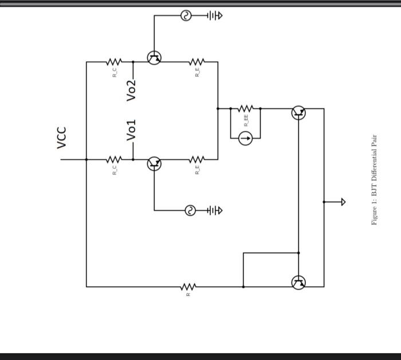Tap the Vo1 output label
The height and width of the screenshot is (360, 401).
point(132,130)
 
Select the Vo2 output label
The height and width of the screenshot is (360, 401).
point(132,90)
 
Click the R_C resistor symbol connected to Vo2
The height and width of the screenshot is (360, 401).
point(115,61)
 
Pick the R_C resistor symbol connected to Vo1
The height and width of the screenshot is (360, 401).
point(115,159)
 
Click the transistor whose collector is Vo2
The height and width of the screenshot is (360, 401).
point(154,57)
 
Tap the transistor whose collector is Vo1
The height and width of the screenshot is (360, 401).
point(154,164)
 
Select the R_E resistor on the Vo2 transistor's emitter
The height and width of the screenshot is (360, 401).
point(196,61)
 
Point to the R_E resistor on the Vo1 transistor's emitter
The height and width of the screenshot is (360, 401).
point(196,159)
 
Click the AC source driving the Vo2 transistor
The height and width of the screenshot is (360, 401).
point(186,16)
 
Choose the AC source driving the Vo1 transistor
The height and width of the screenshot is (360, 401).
point(190,211)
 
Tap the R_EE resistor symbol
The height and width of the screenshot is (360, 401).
point(246,108)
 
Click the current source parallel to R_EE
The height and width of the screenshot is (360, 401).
point(245,138)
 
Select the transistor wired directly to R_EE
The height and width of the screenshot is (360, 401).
point(298,112)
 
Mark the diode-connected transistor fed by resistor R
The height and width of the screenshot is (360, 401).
point(298,282)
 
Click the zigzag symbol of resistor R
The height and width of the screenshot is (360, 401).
point(188,286)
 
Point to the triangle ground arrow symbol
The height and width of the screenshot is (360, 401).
point(343,201)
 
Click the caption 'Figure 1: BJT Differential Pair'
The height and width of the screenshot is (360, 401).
point(375,180)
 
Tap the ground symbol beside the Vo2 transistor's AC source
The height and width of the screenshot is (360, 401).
point(214,16)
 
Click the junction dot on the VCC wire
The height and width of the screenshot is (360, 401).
point(87,159)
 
